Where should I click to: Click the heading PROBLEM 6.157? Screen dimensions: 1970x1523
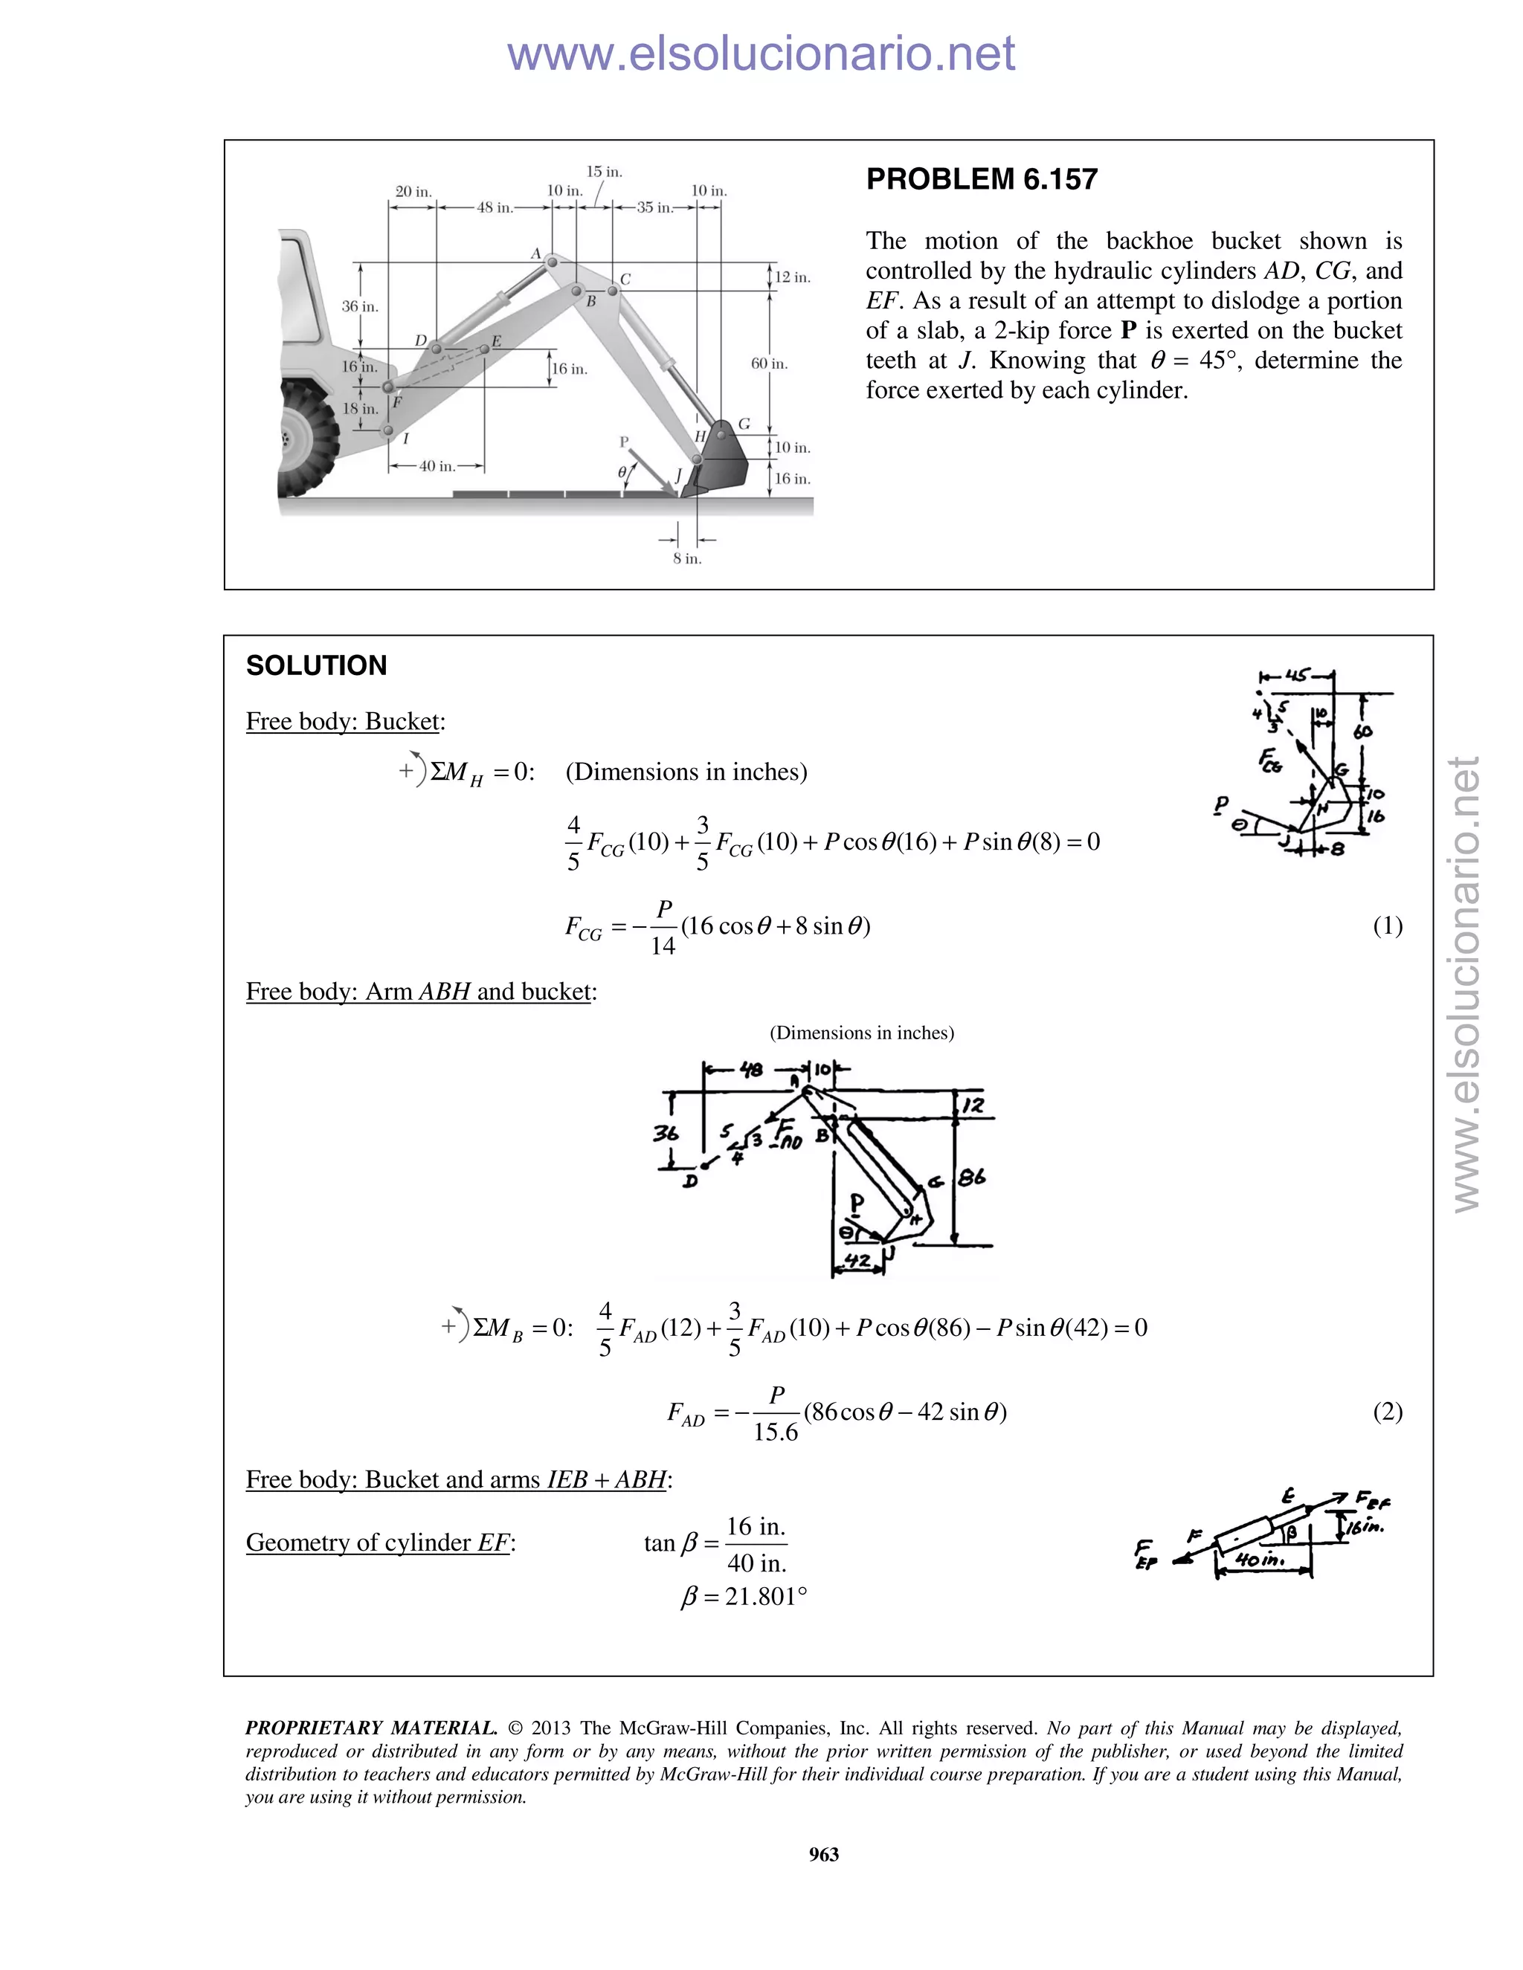point(982,179)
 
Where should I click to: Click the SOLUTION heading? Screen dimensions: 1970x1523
point(316,665)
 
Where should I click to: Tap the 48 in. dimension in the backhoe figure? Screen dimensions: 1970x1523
point(494,207)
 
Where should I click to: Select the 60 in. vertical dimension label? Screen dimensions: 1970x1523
point(769,364)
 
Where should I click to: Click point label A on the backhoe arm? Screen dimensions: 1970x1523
point(535,253)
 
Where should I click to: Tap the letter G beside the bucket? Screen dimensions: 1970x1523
point(744,424)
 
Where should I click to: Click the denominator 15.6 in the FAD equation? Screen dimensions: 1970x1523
point(776,1433)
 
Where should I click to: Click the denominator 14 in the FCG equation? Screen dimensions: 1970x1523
point(663,946)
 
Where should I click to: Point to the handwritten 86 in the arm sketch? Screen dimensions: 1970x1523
point(972,1177)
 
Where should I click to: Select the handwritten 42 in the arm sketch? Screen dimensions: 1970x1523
point(857,1260)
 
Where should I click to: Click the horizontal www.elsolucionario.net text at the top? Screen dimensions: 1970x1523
point(761,54)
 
